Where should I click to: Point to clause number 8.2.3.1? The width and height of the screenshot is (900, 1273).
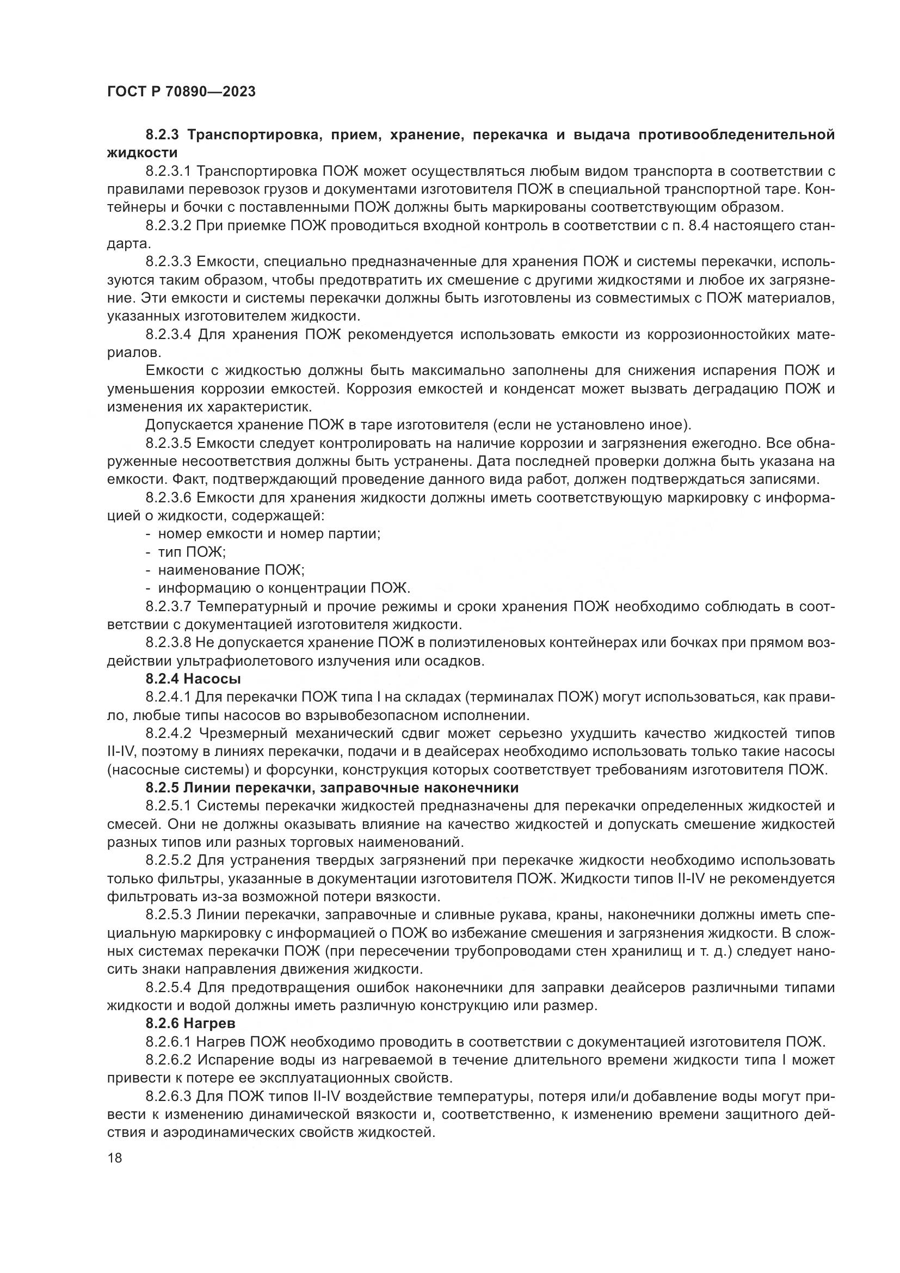(168, 171)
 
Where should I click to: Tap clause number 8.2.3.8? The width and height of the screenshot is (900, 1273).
(168, 643)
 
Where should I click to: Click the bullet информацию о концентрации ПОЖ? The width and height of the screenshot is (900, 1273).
(283, 588)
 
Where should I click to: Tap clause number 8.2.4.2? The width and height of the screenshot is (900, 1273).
(168, 734)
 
